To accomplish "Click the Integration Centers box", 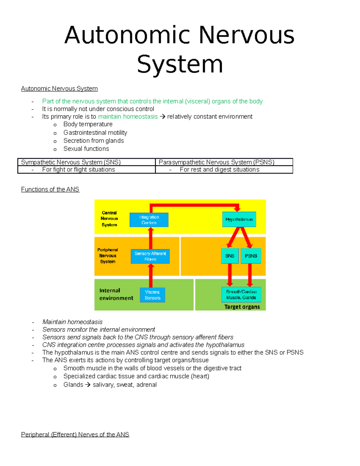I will tap(149, 220).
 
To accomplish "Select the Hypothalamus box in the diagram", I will tap(239, 219).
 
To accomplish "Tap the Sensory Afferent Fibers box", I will tap(150, 256).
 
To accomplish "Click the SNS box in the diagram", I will tap(230, 256).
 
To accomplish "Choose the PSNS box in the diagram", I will tap(251, 256).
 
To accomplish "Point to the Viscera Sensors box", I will tap(152, 295).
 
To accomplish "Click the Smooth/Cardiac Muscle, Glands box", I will tap(241, 295).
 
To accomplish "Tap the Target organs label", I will tap(242, 307).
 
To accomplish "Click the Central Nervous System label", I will tap(109, 219).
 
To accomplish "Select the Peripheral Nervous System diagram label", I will tap(108, 256).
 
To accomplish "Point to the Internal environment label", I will tap(116, 294).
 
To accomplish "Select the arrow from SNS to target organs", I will tap(230, 275).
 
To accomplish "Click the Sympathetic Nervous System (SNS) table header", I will tap(71, 162).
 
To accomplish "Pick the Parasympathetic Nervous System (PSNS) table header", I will tap(216, 162).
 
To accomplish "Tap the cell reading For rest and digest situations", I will tap(220, 170).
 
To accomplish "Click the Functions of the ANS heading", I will tap(50, 189).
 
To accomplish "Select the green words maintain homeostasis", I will tap(128, 116).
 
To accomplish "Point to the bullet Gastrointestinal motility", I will tap(95, 133).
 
